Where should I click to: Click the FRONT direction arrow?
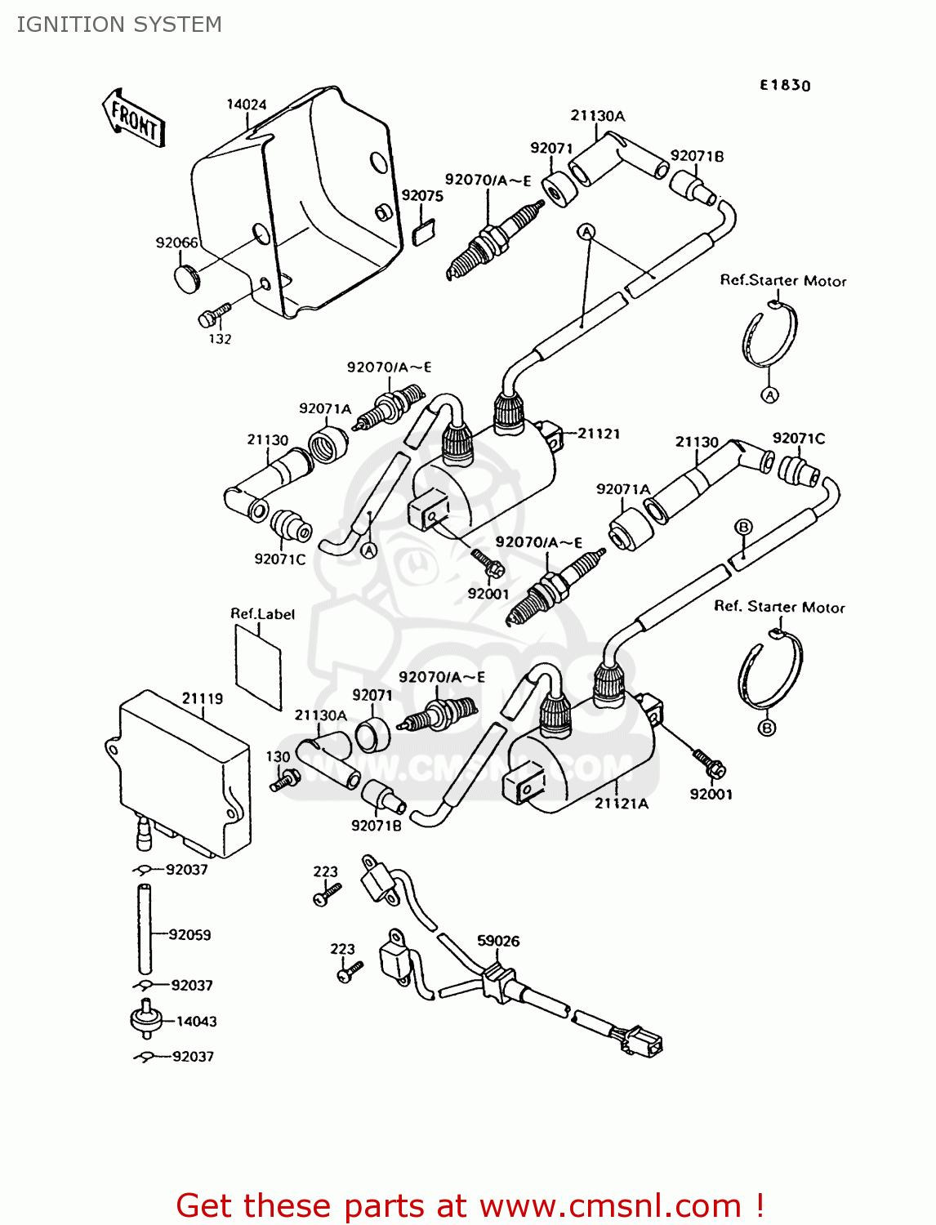[134, 119]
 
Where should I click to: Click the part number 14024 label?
[246, 105]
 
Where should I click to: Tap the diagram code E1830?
[785, 85]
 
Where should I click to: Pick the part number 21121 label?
[599, 434]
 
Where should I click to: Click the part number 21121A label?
[621, 804]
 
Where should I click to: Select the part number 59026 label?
[498, 941]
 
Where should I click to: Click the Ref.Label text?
[262, 614]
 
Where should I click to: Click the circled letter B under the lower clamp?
[767, 728]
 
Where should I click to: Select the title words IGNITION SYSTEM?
[119, 24]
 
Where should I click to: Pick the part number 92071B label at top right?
[697, 156]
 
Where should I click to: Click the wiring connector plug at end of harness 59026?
[642, 1041]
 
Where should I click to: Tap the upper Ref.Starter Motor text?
[782, 281]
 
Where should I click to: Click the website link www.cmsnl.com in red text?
[609, 1206]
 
